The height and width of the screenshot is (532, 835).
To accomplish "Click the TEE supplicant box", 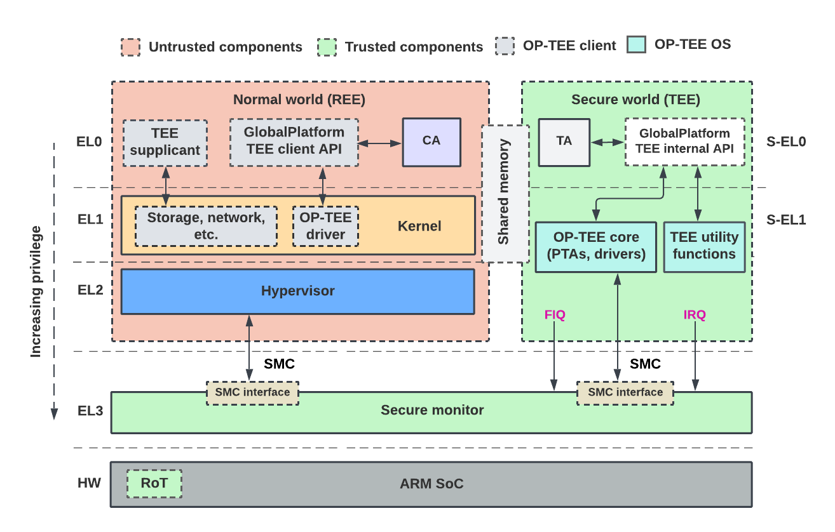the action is [165, 143].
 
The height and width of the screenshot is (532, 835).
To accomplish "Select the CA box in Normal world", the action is [431, 142].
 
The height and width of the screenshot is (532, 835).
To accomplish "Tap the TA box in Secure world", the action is [564, 142].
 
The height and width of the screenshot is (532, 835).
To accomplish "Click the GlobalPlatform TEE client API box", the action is [294, 142].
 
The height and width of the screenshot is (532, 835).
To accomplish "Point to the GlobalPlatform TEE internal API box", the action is [685, 142].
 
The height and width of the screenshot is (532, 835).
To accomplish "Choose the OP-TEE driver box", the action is [325, 226].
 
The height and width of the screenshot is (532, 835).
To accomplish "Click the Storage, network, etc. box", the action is [206, 226].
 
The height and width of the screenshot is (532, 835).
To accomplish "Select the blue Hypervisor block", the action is [298, 291].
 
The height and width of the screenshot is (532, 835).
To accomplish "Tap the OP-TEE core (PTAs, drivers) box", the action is [595, 247].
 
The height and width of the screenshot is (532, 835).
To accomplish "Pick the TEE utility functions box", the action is [704, 247].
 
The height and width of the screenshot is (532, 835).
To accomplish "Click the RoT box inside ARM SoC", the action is [154, 484].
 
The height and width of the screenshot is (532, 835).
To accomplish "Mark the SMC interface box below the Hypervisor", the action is [253, 393].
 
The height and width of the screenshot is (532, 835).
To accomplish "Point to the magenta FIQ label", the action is [555, 315].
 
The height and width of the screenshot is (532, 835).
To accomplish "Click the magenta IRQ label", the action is [695, 315].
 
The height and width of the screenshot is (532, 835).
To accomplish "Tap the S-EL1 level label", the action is [786, 220].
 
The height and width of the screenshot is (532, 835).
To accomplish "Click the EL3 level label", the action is [90, 411].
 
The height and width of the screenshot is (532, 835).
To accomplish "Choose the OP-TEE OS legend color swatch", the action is [636, 44].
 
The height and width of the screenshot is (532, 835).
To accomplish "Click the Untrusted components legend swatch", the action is [131, 47].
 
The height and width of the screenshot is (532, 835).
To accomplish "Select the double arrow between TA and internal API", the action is [608, 142].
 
